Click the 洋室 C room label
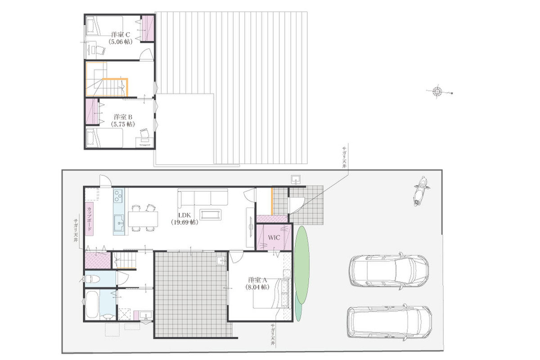click(x=120, y=34)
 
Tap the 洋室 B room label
click(x=123, y=117)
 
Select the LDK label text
click(x=184, y=215)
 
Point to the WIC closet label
click(x=274, y=238)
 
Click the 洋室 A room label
click(x=257, y=280)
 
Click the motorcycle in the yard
click(x=420, y=191)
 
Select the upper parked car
click(x=389, y=271)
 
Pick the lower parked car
click(x=389, y=322)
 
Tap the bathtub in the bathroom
click(x=92, y=304)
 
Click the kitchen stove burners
click(x=118, y=196)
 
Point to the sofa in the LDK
click(x=203, y=197)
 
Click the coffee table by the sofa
click(x=211, y=215)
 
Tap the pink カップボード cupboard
click(x=89, y=219)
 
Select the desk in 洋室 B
click(x=144, y=142)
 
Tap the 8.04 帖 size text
click(x=257, y=287)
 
